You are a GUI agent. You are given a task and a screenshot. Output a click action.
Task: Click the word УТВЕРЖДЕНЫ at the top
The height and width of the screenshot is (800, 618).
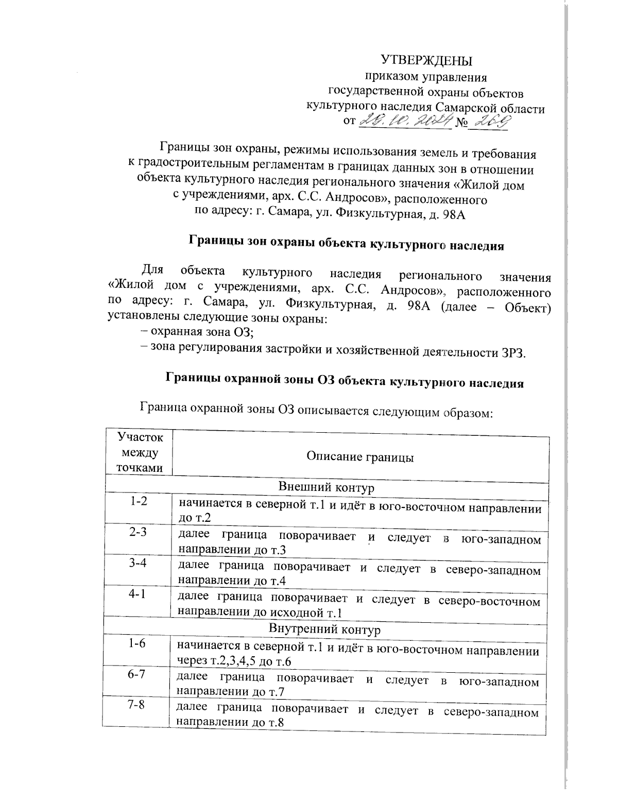pyautogui.click(x=426, y=61)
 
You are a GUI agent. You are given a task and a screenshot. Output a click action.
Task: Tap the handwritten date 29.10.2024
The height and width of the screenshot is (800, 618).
pyautogui.click(x=406, y=121)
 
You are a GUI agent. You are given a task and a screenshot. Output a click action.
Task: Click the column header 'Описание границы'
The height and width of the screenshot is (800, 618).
pyautogui.click(x=360, y=457)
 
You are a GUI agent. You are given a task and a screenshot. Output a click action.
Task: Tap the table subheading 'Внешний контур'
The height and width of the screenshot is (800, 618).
pyautogui.click(x=326, y=486)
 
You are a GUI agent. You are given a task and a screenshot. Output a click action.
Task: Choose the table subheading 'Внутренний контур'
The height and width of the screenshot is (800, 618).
pyautogui.click(x=324, y=629)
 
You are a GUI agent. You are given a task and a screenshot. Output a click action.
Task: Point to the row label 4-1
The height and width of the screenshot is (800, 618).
pyautogui.click(x=137, y=594)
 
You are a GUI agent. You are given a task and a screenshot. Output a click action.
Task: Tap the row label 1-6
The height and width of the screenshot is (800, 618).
pyautogui.click(x=137, y=644)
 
